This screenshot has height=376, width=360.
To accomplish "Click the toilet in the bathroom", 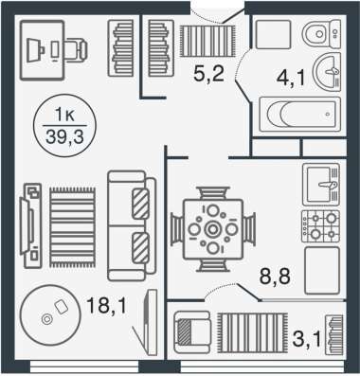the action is point(321,34).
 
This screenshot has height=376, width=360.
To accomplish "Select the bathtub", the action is point(299,115).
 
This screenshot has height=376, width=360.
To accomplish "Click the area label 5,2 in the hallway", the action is point(208,75).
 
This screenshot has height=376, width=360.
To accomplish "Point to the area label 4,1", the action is point(291,79).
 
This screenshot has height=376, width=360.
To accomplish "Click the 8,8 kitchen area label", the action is point(275,277).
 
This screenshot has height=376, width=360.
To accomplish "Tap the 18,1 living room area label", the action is point(106,306).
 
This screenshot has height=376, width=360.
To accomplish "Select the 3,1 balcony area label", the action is point(308,339).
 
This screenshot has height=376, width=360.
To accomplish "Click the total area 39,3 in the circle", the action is point(64,137).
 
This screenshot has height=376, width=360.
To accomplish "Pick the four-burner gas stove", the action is point(320,226).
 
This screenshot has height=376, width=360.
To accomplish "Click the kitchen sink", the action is point(321,185).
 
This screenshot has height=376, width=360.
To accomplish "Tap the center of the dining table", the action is point(213,229).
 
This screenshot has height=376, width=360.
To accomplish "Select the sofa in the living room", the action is point(132,225).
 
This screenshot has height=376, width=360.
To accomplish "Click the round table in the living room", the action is point(50,315).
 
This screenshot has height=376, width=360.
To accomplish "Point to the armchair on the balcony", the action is point(192,332).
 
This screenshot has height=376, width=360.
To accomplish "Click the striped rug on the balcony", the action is point(253,332).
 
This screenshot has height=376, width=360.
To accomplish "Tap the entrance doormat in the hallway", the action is point(207,42).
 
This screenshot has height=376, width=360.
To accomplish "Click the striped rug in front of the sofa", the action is point(72,227).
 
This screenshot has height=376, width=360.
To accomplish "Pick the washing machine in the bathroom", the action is point(273,34).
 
